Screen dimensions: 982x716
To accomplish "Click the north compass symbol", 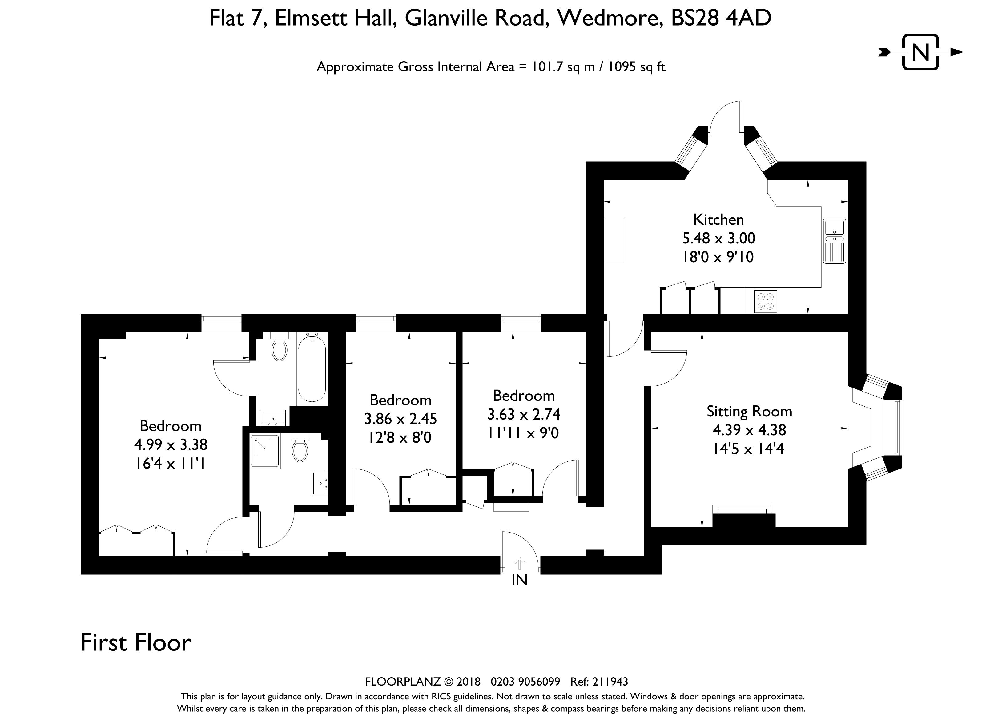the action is (x=921, y=52).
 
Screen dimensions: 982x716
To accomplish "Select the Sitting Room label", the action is (x=749, y=411).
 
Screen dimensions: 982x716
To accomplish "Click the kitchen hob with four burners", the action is (x=765, y=302).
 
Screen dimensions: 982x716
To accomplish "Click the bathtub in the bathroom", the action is (x=312, y=368).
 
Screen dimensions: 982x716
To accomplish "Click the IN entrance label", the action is (x=520, y=580).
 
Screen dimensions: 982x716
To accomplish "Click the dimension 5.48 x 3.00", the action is (x=718, y=238).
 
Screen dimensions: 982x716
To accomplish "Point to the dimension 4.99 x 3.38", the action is (x=171, y=444).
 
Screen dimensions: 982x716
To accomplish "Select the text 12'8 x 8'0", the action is (x=400, y=438).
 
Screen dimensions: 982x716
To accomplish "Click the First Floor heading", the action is (x=136, y=642).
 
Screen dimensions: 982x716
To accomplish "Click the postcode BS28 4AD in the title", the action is (x=721, y=18).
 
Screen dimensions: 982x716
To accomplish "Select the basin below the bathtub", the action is (x=272, y=418).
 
